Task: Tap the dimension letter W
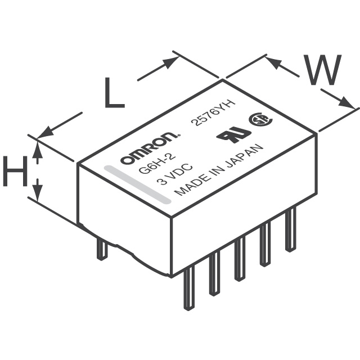[322, 70]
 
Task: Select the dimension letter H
[16, 171]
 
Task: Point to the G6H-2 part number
[157, 164]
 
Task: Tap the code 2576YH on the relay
[215, 112]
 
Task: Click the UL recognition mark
[233, 134]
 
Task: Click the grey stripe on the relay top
[138, 184]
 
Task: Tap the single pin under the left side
[102, 249]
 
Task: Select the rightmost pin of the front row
[290, 229]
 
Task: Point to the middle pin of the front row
[240, 259]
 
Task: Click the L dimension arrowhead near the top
[171, 62]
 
